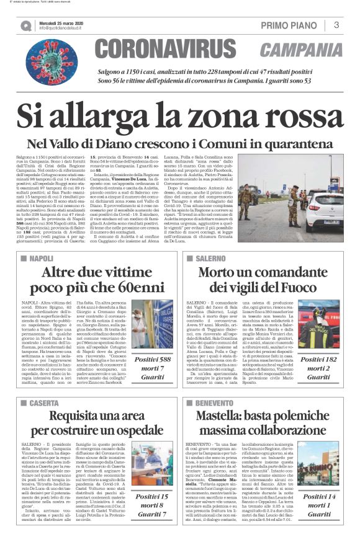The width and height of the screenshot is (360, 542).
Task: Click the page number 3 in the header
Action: (x=336, y=25)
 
